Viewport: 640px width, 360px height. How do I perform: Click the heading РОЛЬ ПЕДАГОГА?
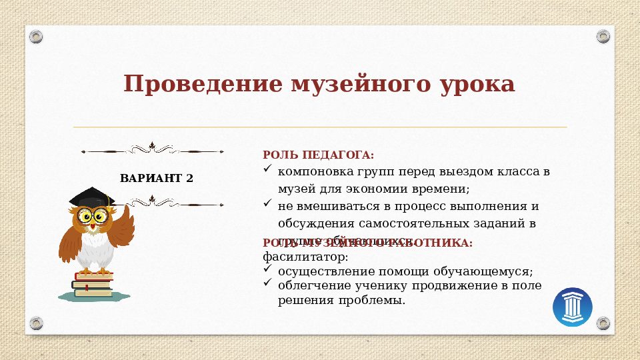(x=319, y=155)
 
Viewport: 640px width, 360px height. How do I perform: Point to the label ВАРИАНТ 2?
(x=157, y=178)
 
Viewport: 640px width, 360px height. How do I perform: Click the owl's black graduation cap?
(x=91, y=197)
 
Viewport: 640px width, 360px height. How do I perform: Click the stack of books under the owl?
(x=92, y=285)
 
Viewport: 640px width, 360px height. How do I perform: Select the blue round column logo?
(x=573, y=307)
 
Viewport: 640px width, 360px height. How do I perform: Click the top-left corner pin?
(x=37, y=36)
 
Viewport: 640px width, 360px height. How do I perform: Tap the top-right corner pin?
(x=603, y=36)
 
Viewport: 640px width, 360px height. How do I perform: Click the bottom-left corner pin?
(x=37, y=323)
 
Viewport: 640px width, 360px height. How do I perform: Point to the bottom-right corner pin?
(x=603, y=323)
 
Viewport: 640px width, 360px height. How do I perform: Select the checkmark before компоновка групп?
(x=268, y=170)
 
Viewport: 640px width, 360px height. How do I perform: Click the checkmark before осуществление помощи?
(x=268, y=269)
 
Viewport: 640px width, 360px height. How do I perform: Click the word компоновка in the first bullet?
(x=309, y=171)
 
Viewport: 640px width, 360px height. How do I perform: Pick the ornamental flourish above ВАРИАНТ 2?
(x=152, y=149)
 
